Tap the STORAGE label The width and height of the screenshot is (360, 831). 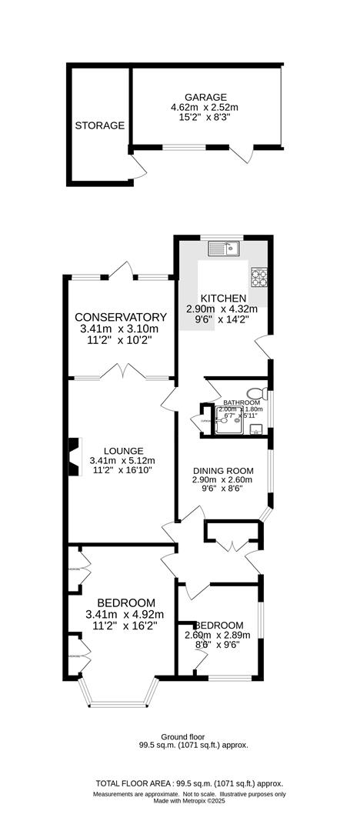tap(99, 125)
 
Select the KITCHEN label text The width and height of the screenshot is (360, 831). tap(223, 299)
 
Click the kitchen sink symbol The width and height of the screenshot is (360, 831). tap(227, 248)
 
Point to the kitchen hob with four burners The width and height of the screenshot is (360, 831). tap(259, 276)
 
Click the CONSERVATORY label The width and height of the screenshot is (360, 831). tap(121, 317)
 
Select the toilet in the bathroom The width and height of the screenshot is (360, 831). tap(256, 393)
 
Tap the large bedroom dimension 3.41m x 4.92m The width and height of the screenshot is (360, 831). tap(126, 614)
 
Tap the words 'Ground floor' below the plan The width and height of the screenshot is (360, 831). tap(182, 736)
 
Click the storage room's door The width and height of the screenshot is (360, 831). tap(135, 166)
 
